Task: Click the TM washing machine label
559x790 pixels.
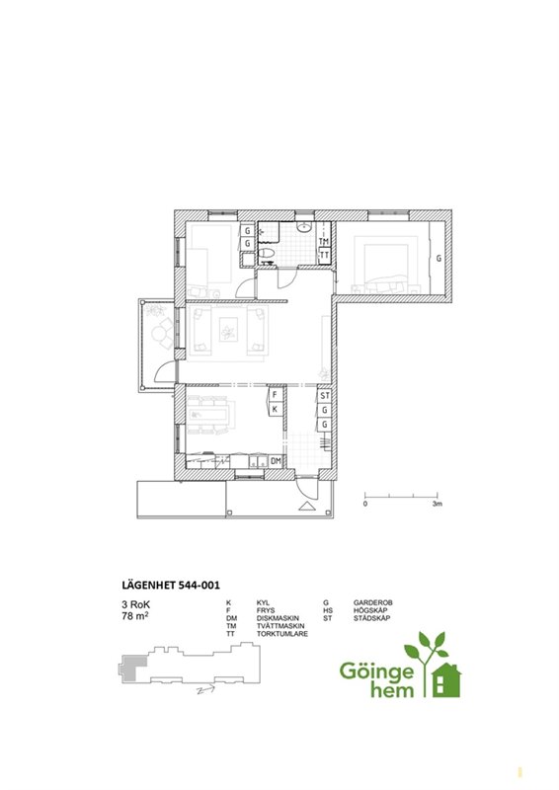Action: click(x=324, y=242)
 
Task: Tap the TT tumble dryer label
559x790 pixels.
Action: click(x=324, y=255)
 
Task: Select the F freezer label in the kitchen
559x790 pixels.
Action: click(x=275, y=394)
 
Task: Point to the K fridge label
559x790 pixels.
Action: click(x=275, y=409)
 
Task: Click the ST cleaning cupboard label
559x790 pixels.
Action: click(x=325, y=396)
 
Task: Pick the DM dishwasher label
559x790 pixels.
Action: click(x=276, y=460)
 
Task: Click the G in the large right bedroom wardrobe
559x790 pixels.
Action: click(x=439, y=259)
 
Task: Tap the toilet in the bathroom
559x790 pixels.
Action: click(x=266, y=253)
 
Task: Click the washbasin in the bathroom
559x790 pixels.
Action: click(x=303, y=227)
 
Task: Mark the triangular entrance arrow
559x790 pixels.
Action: click(x=306, y=507)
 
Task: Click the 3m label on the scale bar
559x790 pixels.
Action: click(x=437, y=504)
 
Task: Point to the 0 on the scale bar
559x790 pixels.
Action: click(x=365, y=504)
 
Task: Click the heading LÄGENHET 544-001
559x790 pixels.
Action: click(x=171, y=586)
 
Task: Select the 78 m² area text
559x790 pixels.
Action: click(x=135, y=615)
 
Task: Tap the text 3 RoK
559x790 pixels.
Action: click(x=136, y=604)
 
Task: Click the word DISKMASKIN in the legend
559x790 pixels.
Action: click(x=278, y=618)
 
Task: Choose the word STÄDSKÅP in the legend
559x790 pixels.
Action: click(x=371, y=618)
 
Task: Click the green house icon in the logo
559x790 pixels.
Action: click(x=446, y=680)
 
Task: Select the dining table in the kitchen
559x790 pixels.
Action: click(x=211, y=415)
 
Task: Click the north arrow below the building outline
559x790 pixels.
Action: click(x=205, y=690)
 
